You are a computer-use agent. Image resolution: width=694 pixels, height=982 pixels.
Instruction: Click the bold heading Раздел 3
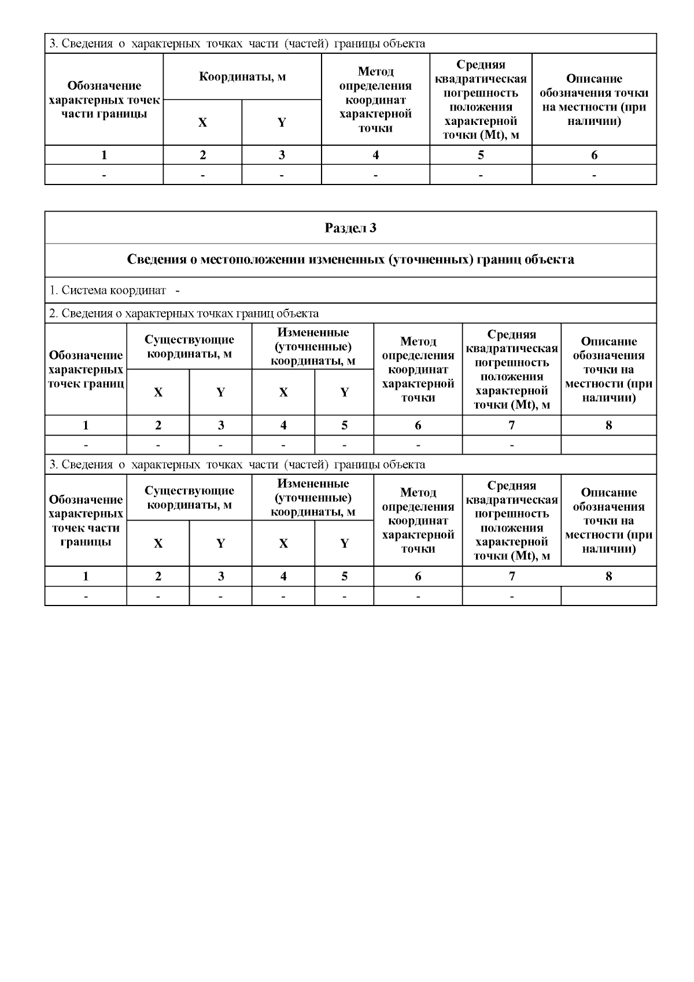pos(350,228)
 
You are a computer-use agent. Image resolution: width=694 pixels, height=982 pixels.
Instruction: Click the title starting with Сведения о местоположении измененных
pos(350,260)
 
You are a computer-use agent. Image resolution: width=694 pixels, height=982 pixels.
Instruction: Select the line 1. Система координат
pos(108,290)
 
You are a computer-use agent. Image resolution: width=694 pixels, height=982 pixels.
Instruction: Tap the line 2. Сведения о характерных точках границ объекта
pos(184,313)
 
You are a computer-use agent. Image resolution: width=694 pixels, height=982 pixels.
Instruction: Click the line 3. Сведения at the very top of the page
pos(237,43)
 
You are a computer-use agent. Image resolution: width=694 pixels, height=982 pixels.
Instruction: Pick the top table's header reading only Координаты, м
pos(242,76)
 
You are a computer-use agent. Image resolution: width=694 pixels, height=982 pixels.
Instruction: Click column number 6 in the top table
pos(594,155)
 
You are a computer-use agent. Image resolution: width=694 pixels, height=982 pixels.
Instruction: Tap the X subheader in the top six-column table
pos(202,123)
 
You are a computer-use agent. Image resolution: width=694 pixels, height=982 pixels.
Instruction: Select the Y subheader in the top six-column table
pos(282,123)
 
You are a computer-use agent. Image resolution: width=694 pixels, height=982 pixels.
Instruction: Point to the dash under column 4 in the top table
pos(375,175)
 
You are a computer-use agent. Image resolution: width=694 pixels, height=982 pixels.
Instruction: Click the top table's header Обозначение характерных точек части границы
pos(104,99)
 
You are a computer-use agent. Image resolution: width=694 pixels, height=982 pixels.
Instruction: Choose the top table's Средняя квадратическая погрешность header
pos(481,99)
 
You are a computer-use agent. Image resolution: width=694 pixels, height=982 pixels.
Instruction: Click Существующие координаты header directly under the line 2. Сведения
pos(189,346)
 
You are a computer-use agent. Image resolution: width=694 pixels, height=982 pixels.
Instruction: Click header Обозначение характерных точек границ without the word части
pos(86,369)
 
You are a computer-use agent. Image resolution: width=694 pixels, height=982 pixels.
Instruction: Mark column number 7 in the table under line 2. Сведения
pos(511,426)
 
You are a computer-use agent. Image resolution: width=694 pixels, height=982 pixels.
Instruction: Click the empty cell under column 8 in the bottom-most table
pos(608,596)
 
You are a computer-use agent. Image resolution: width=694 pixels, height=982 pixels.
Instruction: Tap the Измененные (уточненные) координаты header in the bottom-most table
pos(313,497)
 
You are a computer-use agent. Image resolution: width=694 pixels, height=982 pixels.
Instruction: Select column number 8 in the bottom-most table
pos(608,577)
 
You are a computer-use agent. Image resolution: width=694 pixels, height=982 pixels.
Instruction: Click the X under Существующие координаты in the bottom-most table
pos(158,544)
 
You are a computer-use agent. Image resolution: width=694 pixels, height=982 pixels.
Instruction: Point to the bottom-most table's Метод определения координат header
pos(418,520)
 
